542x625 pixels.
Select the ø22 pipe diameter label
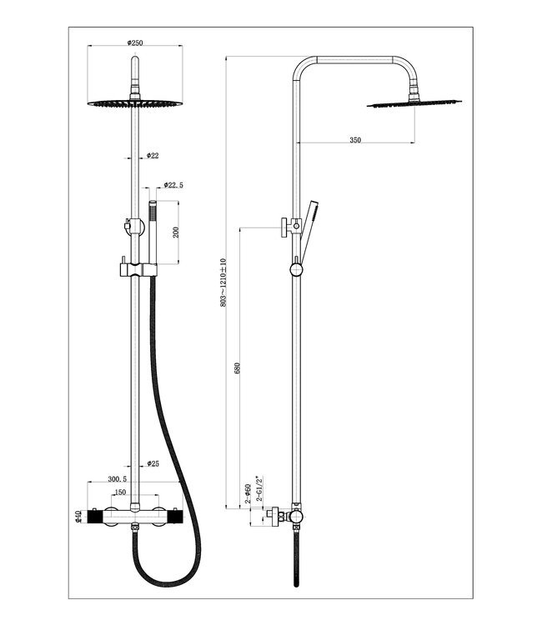coord(153,155)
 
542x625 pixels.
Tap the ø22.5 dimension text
coord(173,185)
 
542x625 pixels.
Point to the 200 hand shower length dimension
coord(176,232)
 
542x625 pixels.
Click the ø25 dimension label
coord(153,462)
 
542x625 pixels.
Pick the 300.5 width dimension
coord(118,479)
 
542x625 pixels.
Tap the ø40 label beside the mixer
coord(78,517)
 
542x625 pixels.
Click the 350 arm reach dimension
coord(354,140)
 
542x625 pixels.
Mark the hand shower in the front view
coord(152,233)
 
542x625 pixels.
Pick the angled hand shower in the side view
coord(307,228)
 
